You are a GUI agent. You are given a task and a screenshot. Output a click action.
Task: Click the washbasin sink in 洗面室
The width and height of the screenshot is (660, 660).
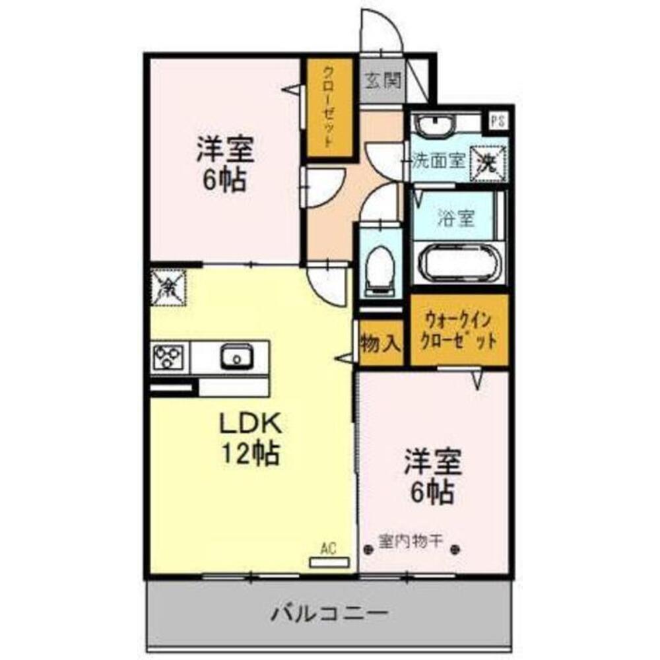(434, 124)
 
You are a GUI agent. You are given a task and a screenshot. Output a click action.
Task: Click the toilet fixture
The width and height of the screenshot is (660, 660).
(379, 268)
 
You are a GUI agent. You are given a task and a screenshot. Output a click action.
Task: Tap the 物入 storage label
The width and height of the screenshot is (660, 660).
(381, 343)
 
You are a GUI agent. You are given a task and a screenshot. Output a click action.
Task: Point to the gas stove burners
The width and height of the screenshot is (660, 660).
(170, 358)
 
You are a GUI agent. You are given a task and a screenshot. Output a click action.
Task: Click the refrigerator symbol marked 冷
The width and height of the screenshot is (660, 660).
(168, 288)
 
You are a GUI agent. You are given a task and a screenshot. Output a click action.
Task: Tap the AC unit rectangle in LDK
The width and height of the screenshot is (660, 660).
(329, 562)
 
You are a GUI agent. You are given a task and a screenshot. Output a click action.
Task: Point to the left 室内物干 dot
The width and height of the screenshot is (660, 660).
(368, 548)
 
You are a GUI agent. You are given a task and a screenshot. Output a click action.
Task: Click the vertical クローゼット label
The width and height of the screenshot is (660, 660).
(327, 108)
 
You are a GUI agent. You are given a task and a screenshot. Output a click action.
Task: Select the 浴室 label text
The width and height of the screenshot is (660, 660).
(455, 218)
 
